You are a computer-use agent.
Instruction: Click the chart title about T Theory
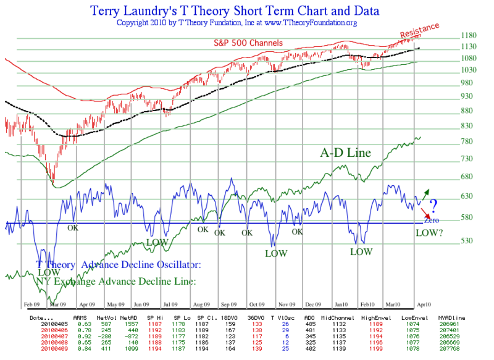coord(234,10)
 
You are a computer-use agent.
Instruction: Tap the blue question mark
coord(433,206)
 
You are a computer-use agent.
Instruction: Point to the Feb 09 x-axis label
coord(32,304)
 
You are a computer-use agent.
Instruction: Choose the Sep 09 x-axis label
coord(228,304)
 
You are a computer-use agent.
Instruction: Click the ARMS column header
coord(80,317)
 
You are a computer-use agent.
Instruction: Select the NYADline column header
coord(452,317)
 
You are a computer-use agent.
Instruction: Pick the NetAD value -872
coord(136,334)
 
